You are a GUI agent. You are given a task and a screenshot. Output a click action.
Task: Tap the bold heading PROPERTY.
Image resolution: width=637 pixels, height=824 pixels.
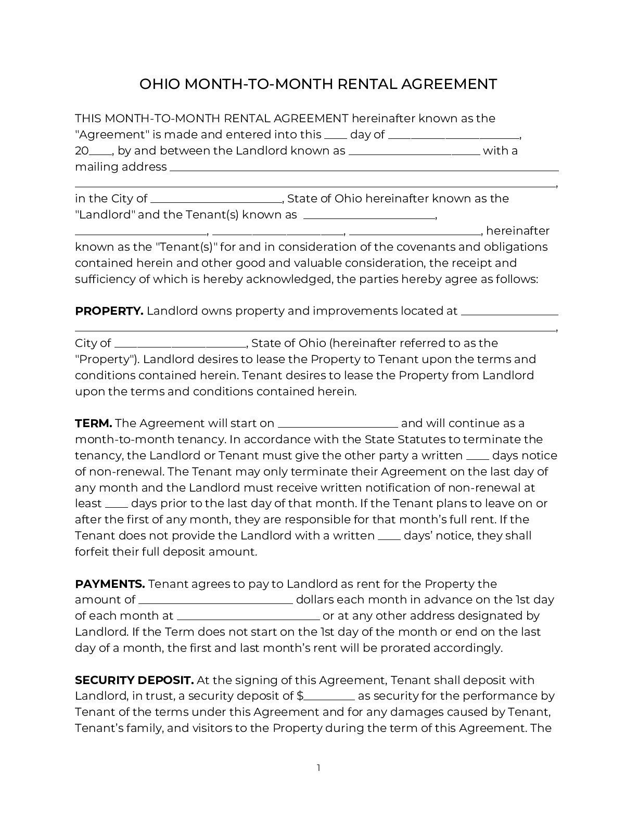click(x=109, y=311)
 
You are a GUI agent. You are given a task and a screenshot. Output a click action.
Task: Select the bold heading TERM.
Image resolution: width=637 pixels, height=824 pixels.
click(x=93, y=423)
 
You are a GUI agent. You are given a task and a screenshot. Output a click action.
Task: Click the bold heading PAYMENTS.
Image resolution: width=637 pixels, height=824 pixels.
click(x=110, y=584)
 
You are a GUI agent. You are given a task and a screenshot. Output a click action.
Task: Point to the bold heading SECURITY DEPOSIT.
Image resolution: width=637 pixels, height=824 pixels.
click(x=134, y=680)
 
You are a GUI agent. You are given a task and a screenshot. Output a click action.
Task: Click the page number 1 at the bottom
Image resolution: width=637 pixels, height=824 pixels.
click(x=318, y=768)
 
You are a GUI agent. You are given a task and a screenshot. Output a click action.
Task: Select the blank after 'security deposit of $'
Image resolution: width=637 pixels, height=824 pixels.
click(x=330, y=698)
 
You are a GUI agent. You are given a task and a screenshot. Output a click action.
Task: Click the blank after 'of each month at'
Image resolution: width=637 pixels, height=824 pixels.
click(x=248, y=617)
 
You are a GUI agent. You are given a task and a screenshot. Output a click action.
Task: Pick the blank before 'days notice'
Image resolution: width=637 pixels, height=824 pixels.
click(x=477, y=457)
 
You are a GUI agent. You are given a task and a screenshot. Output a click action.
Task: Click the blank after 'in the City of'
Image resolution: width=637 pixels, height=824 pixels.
click(x=216, y=200)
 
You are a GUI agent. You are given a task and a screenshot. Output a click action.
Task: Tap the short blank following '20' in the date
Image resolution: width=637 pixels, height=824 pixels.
click(x=101, y=152)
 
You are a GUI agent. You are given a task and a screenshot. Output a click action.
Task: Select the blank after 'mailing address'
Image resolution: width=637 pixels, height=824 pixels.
click(x=364, y=169)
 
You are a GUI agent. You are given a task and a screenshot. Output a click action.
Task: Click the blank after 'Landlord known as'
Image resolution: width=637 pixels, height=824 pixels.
click(x=414, y=152)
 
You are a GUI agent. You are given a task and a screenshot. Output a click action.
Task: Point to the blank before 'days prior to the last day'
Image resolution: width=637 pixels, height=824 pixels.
click(x=117, y=505)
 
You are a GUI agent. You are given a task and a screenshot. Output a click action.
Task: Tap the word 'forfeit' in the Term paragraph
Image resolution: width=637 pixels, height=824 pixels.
click(x=92, y=552)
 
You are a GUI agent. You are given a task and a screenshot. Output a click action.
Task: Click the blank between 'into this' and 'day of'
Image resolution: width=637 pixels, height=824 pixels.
click(x=336, y=136)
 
